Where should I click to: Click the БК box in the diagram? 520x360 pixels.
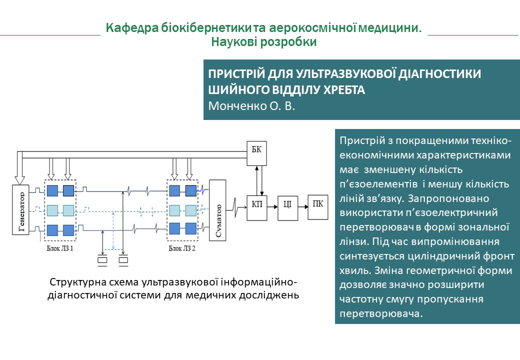[257, 152]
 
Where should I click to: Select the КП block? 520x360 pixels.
[257, 204]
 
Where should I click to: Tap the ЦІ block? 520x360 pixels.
[286, 204]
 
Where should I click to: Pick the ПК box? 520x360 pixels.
[317, 204]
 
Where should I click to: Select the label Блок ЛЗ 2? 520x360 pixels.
[182, 248]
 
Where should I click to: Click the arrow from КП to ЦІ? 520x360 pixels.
[272, 204]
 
